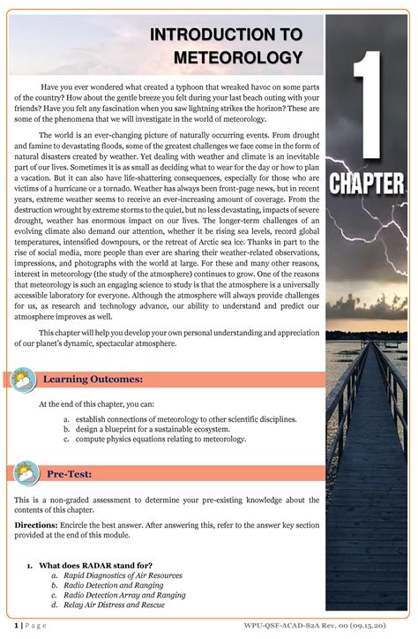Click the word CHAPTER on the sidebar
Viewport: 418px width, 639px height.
(368, 184)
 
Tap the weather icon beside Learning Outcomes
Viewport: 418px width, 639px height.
(22, 380)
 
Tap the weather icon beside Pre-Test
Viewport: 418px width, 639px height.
(22, 475)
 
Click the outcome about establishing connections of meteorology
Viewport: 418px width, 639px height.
(185, 418)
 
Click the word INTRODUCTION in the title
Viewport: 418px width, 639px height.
(225, 34)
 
